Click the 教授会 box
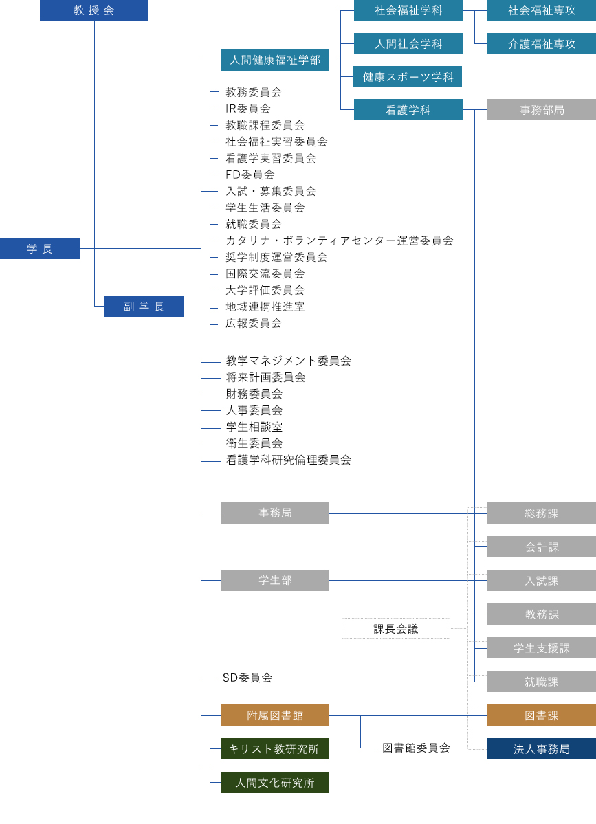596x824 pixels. (x=94, y=10)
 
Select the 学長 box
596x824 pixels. (x=40, y=249)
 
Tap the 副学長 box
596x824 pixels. (x=144, y=307)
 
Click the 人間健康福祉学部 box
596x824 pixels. (x=275, y=60)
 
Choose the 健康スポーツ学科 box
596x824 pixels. (x=408, y=77)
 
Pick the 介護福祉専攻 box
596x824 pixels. (x=542, y=44)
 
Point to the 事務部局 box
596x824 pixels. (x=542, y=110)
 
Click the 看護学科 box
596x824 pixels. (x=408, y=110)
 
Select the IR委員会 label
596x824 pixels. (x=248, y=109)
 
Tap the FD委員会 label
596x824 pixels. (x=250, y=175)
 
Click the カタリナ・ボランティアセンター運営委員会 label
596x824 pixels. (x=340, y=241)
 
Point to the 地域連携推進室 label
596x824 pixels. (x=265, y=307)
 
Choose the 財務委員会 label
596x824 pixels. (x=254, y=394)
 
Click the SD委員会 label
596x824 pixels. (x=247, y=678)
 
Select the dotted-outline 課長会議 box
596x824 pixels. (x=396, y=629)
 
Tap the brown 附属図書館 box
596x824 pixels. (x=275, y=715)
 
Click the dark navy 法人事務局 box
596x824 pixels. (x=542, y=749)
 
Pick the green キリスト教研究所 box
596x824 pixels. (x=275, y=749)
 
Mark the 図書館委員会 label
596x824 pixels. (x=416, y=748)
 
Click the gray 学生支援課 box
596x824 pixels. (x=542, y=648)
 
